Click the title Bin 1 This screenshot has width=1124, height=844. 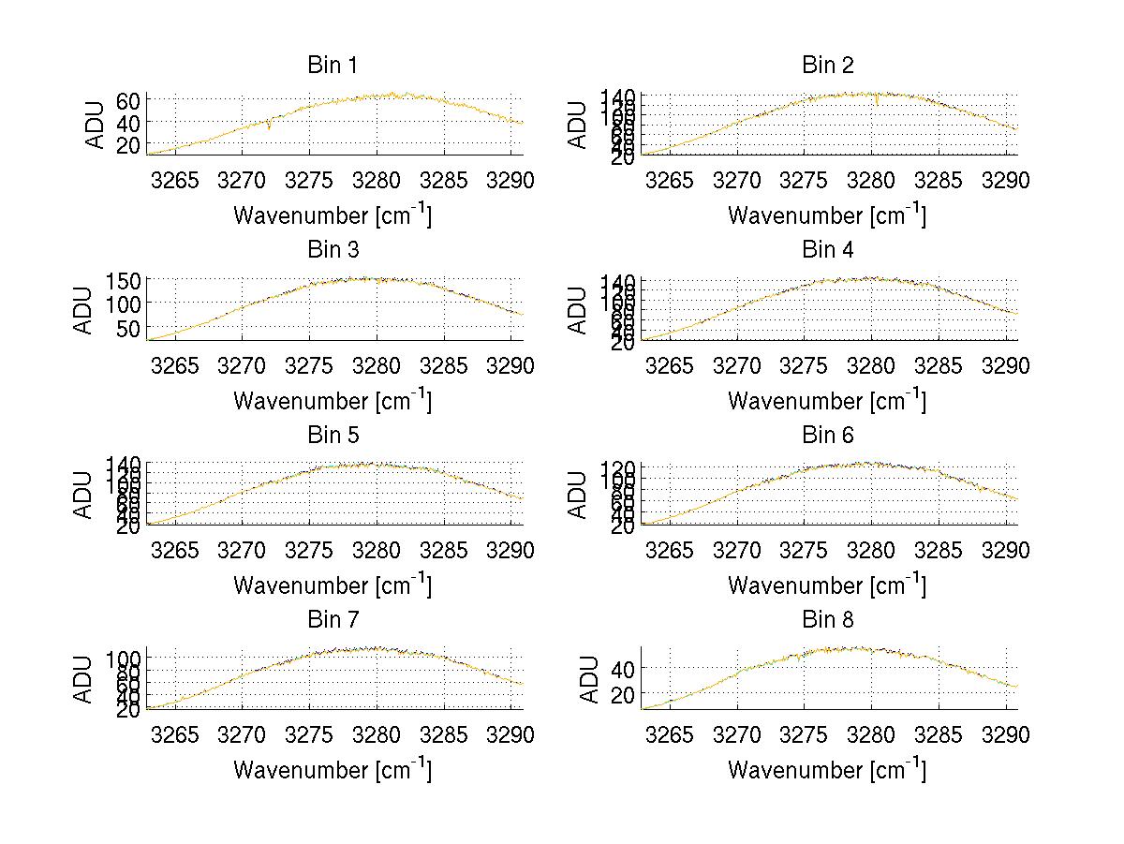[x=333, y=66]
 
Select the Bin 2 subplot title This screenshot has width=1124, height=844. [x=828, y=66]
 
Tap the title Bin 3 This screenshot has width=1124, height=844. [x=333, y=250]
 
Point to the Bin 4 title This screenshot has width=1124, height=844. [x=828, y=250]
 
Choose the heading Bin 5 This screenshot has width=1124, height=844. [x=333, y=436]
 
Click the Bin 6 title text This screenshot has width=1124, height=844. [x=828, y=436]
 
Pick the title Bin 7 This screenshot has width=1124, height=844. [x=333, y=620]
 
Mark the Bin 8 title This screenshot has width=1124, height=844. [x=828, y=620]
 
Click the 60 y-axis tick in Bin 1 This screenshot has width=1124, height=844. [x=129, y=100]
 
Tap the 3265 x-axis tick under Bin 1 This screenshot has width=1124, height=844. [x=175, y=180]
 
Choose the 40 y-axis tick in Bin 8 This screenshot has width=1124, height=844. [x=624, y=669]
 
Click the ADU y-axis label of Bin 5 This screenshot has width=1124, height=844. [x=84, y=495]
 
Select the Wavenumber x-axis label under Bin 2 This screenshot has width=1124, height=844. [x=827, y=215]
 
